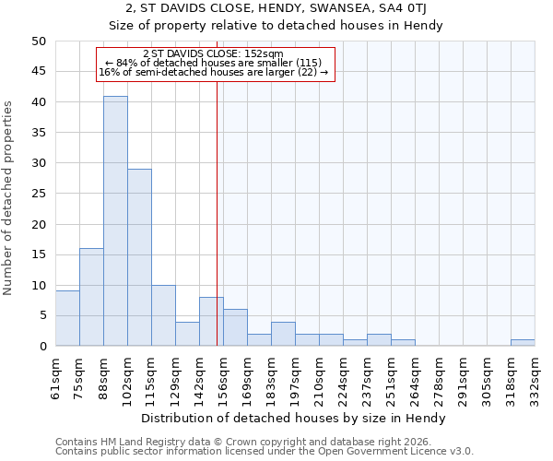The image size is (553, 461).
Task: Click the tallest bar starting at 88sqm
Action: click(115, 221)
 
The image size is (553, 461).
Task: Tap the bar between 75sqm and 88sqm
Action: click(91, 297)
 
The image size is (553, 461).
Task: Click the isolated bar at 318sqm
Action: click(523, 343)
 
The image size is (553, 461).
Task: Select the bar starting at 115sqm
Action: click(163, 315)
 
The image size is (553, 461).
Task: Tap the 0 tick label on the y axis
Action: click(42, 347)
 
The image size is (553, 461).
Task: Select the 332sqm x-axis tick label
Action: click(535, 375)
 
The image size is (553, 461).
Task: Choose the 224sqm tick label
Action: click(344, 375)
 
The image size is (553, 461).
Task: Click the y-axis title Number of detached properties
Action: click(9, 198)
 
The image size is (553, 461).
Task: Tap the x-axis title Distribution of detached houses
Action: click(295, 418)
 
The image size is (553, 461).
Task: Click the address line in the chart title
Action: click(276, 9)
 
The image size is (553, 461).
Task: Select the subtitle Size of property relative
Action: click(276, 26)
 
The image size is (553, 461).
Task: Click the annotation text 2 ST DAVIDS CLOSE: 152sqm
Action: click(214, 53)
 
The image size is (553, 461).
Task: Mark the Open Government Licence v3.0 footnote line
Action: click(265, 452)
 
